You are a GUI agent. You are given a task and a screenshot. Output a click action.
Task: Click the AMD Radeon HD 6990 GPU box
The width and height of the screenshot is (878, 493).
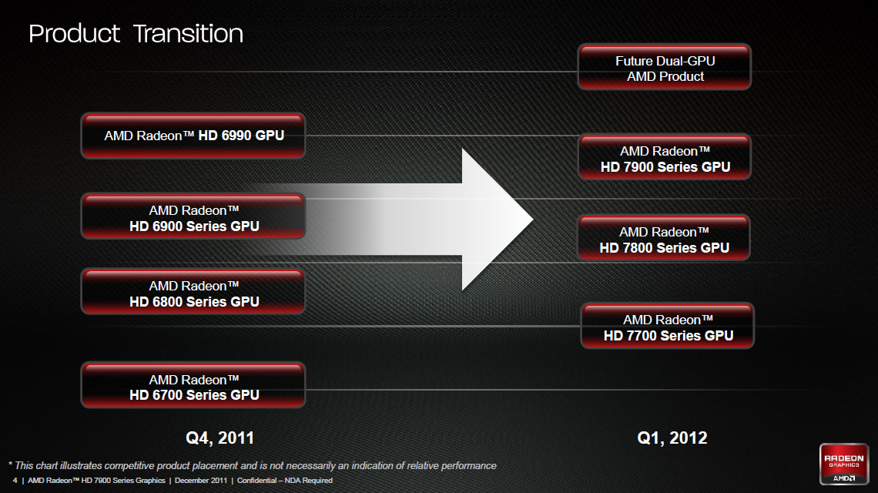[193, 136]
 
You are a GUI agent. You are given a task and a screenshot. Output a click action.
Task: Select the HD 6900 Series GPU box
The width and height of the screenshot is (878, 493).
[193, 216]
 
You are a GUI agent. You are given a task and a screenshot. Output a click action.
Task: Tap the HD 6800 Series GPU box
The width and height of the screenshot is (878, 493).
[193, 292]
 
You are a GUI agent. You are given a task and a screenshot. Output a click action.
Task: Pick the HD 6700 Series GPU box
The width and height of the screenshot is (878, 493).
[193, 385]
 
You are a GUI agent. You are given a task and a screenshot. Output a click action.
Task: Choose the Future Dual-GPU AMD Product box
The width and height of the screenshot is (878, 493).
[664, 67]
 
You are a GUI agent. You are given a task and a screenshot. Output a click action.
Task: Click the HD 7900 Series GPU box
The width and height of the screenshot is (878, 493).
[664, 157]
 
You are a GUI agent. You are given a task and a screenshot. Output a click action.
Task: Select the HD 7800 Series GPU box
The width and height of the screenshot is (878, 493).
[664, 238]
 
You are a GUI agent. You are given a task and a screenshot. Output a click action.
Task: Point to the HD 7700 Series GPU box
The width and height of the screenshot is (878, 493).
[668, 326]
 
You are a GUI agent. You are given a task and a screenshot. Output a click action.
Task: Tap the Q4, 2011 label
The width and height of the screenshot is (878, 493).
[219, 438]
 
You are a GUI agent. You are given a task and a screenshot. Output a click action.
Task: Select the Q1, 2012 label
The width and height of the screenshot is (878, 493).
[672, 438]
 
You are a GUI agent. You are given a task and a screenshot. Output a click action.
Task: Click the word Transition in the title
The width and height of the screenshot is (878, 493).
[188, 34]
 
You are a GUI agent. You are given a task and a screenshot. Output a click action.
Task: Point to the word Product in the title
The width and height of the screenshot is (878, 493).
[74, 34]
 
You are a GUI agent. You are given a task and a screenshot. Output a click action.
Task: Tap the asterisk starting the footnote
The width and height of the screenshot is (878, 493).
[10, 464]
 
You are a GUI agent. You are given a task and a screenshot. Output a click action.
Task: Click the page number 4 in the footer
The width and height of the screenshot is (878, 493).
[15, 481]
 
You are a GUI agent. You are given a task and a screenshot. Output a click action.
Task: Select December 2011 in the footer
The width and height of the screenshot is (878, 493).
[201, 481]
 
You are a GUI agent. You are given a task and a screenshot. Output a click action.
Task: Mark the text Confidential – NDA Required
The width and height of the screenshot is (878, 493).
[284, 481]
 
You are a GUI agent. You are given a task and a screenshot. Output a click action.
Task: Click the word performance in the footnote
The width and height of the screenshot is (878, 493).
[469, 466]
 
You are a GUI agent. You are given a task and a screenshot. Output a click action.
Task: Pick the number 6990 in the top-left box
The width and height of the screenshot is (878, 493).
[236, 136]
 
